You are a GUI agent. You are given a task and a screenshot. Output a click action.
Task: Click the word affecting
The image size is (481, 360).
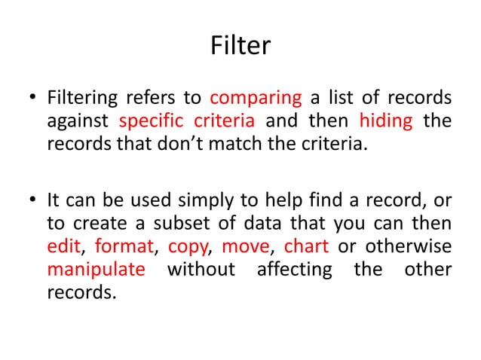(x=291, y=269)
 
